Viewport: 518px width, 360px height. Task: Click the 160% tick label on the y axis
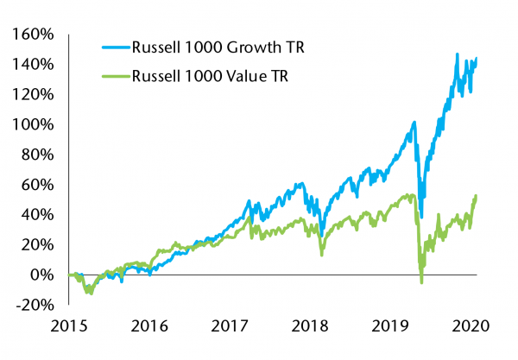(34, 35)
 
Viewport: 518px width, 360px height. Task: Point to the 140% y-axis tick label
(34, 65)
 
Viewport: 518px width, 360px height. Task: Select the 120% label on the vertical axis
(34, 94)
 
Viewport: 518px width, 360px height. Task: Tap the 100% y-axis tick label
(34, 124)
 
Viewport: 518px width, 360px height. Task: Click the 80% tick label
(37, 155)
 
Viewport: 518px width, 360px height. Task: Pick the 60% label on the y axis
(37, 184)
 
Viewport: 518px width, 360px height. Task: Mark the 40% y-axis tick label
(37, 214)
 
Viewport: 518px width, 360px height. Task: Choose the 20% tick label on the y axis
(37, 244)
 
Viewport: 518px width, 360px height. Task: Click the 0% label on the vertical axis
(42, 275)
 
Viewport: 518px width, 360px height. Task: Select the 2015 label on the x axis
(68, 327)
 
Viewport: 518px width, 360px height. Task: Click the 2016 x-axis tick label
(149, 327)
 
